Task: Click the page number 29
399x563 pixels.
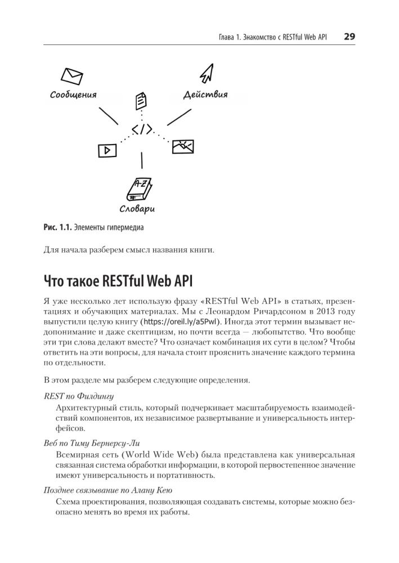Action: [348, 37]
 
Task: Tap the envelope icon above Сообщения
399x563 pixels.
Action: [72, 75]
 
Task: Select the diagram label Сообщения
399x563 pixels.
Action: [73, 95]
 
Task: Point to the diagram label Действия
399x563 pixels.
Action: [205, 94]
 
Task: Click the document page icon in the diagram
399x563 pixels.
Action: [141, 102]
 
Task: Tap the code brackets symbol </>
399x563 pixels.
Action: [141, 129]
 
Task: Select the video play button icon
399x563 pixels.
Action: [106, 150]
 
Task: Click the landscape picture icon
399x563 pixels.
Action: [183, 146]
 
